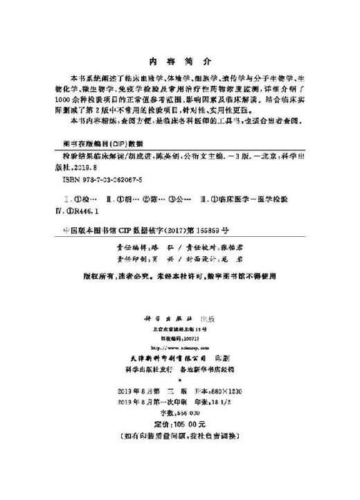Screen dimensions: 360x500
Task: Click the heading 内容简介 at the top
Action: [x=179, y=60]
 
